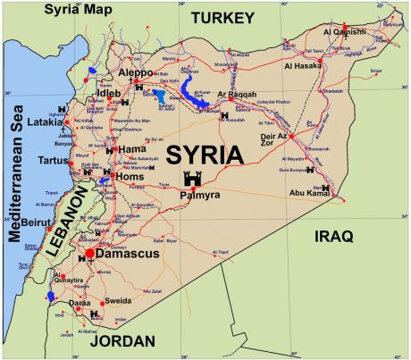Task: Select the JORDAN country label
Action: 122,341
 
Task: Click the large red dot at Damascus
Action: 89,255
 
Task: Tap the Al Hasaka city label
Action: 305,65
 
